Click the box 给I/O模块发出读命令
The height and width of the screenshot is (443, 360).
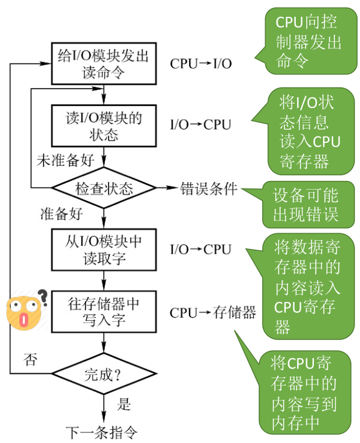(x=104, y=64)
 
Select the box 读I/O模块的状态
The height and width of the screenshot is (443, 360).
(x=104, y=125)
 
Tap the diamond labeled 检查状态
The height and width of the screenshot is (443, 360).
(x=104, y=188)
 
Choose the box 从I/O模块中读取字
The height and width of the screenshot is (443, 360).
(x=104, y=250)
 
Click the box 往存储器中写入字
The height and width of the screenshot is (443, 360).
(x=104, y=312)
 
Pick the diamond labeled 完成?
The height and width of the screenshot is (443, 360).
(x=104, y=374)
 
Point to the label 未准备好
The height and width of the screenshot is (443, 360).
(x=66, y=160)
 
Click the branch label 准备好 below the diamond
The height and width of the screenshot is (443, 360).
(x=62, y=214)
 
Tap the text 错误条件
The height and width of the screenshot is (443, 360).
(x=209, y=188)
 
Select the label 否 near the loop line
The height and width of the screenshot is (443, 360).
(x=30, y=359)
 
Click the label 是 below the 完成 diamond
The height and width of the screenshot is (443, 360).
(x=124, y=404)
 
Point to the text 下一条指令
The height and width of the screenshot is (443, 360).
(x=102, y=432)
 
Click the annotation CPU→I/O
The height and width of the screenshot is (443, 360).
(x=201, y=64)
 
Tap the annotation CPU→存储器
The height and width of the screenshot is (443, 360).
(x=213, y=313)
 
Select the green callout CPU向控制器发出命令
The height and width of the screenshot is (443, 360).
(x=306, y=41)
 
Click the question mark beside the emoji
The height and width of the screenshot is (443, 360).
(x=43, y=298)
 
